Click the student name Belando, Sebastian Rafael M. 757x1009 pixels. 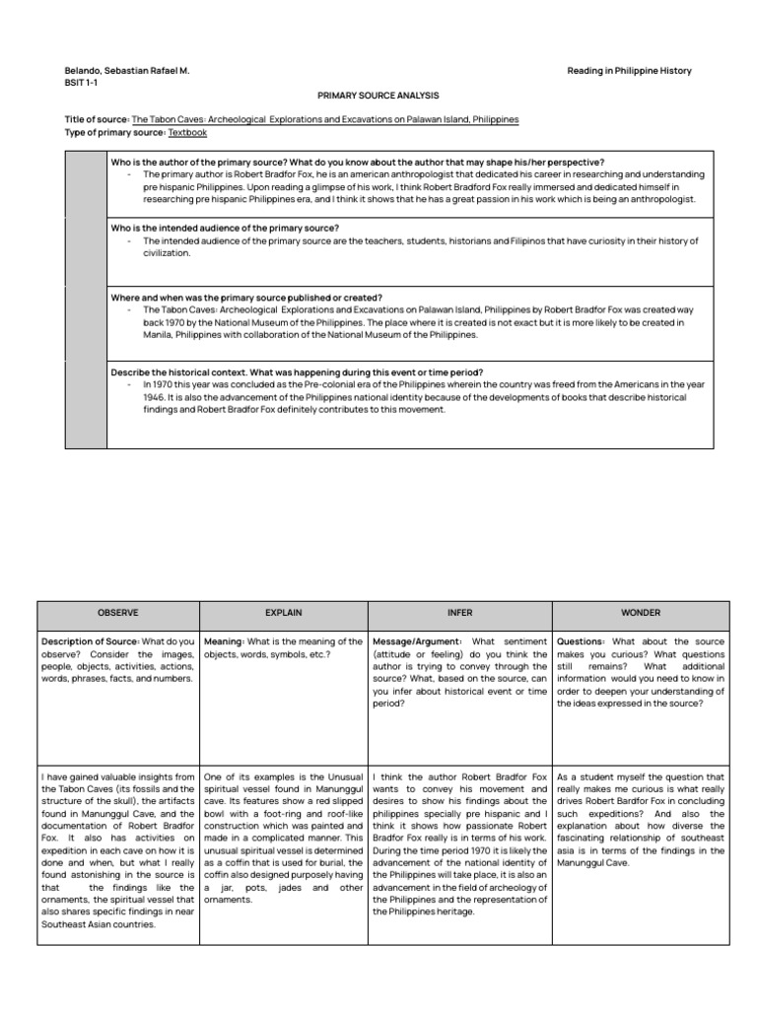click(x=127, y=71)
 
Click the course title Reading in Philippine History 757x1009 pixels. click(x=630, y=71)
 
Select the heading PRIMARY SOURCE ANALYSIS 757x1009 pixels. click(x=378, y=96)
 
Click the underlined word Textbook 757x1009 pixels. click(x=187, y=132)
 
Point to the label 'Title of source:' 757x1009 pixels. click(x=97, y=119)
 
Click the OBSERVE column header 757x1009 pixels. click(x=117, y=612)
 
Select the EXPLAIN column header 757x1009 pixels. click(x=283, y=612)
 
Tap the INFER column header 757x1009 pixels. click(x=459, y=612)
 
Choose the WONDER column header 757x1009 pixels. click(x=642, y=612)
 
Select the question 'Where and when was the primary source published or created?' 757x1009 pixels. click(x=247, y=298)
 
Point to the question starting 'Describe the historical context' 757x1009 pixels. click(x=297, y=373)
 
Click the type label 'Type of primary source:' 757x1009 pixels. click(x=114, y=132)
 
